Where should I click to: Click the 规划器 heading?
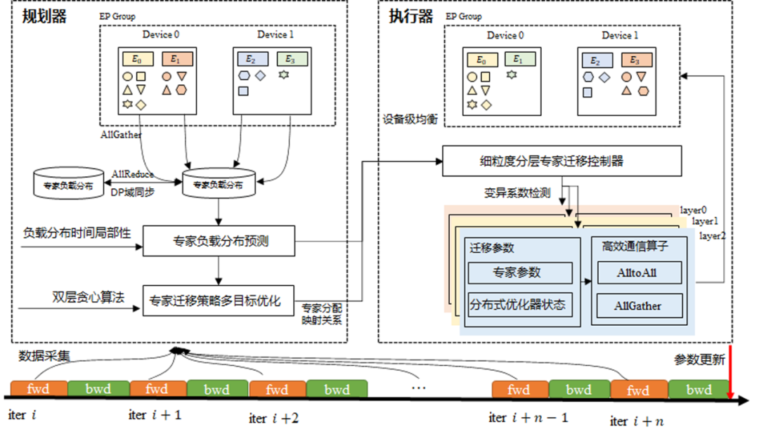(x=44, y=16)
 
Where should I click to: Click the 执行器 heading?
(x=410, y=16)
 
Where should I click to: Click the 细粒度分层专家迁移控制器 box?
(x=562, y=161)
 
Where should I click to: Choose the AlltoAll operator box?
(x=639, y=272)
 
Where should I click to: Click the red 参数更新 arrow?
(x=731, y=372)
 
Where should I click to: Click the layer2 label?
(x=712, y=236)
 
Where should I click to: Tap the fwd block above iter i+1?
(x=157, y=388)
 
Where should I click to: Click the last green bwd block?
(x=699, y=389)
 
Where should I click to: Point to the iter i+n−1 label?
(x=528, y=418)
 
